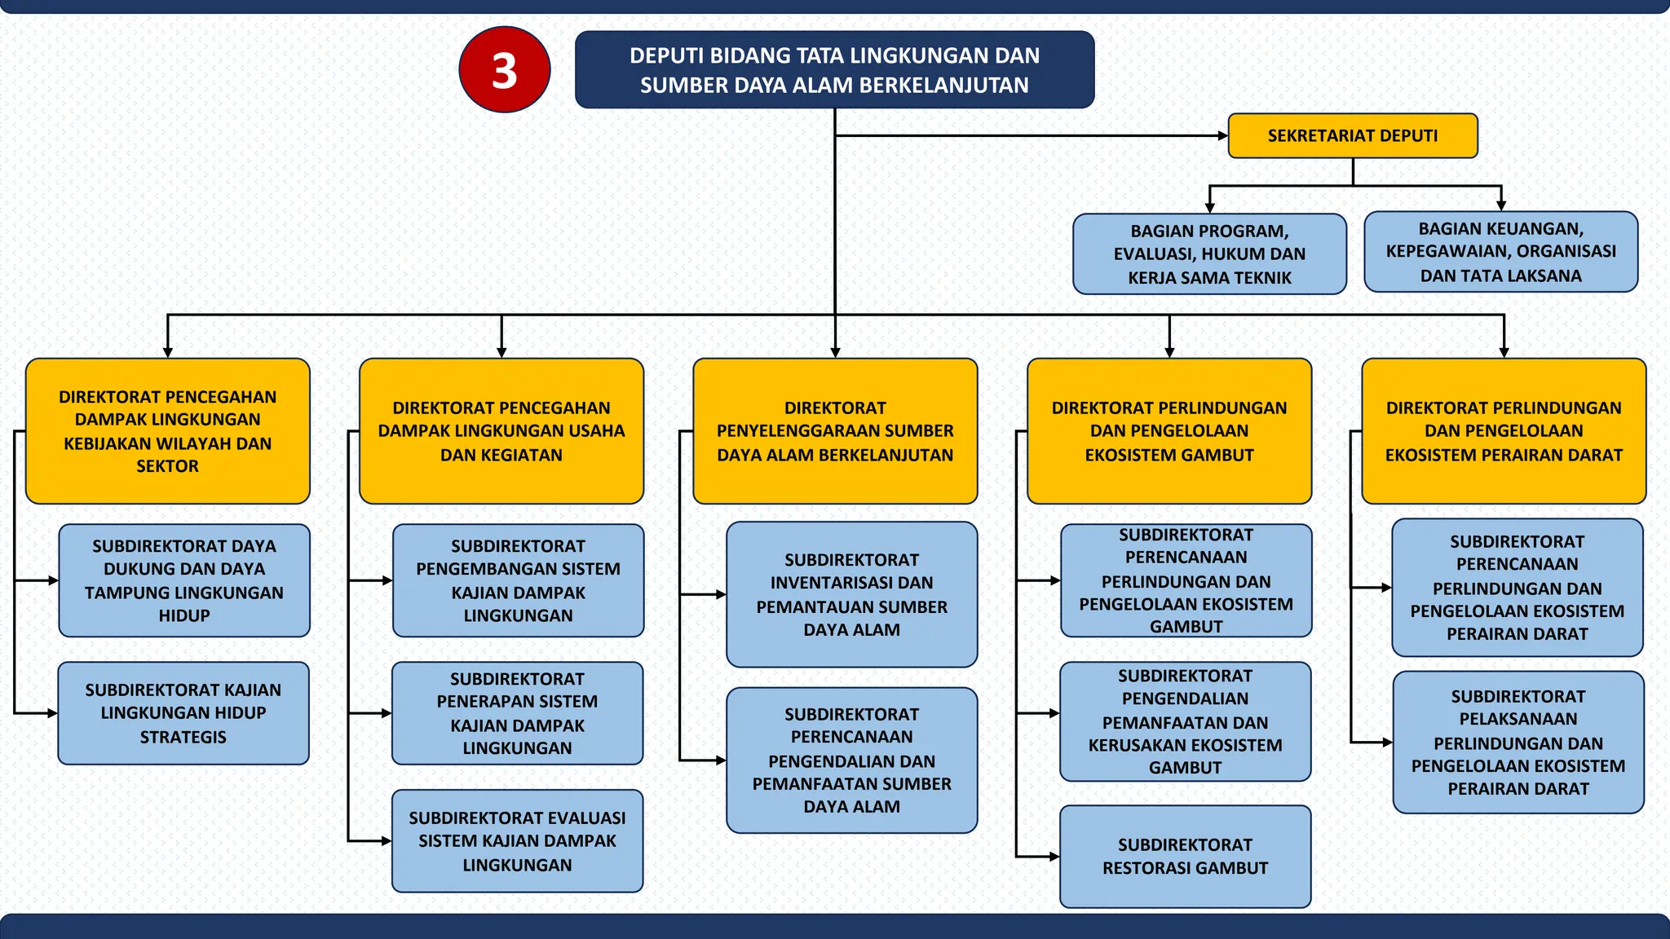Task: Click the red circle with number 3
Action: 504,70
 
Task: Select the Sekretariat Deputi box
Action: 1352,136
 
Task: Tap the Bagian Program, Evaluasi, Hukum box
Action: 1209,254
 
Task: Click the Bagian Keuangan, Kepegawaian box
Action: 1500,252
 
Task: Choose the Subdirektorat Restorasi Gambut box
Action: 1185,857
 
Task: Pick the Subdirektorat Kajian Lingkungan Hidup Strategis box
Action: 183,713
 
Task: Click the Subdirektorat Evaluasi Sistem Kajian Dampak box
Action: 517,841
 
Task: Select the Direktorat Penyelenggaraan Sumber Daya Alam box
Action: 835,431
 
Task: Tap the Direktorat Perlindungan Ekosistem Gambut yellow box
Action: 1169,431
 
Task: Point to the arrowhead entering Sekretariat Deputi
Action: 1222,136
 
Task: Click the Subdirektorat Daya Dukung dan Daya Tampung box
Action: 184,580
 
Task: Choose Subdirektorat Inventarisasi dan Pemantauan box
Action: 851,595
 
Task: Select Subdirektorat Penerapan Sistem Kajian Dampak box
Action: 517,713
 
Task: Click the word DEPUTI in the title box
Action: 665,56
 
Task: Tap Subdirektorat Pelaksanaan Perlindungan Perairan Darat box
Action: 1518,743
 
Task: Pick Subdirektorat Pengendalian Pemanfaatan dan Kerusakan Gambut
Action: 1185,721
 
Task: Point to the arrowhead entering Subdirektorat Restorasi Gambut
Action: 1054,857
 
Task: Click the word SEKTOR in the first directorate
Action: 167,466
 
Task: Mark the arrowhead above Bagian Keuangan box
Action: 1501,205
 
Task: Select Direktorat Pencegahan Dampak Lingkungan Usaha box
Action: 501,431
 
